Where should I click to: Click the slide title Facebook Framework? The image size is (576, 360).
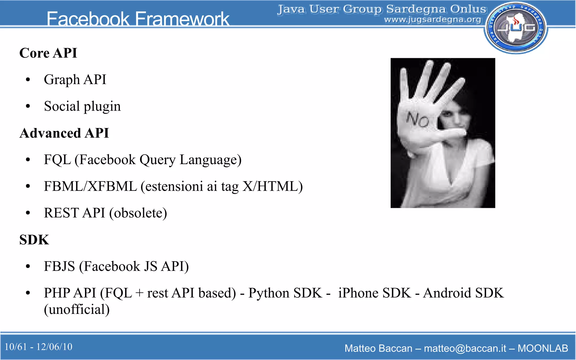[138, 19]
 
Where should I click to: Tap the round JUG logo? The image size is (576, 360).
[516, 28]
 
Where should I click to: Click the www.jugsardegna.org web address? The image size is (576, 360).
[433, 20]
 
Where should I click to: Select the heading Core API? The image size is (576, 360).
[48, 53]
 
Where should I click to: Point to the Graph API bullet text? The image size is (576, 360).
[75, 80]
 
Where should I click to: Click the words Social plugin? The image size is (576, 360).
[82, 106]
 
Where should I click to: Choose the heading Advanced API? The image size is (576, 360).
[64, 133]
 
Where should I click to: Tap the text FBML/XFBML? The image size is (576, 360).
[90, 186]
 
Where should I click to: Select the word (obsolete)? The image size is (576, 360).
[138, 213]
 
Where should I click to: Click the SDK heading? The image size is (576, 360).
[34, 240]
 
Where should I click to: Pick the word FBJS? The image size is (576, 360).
[59, 266]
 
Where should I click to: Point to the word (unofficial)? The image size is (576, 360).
[77, 309]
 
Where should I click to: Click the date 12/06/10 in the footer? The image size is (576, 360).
[54, 347]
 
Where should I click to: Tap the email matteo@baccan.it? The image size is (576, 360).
[465, 348]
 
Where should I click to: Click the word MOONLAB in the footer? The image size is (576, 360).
[543, 348]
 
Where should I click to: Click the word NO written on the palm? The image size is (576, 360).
[418, 120]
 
